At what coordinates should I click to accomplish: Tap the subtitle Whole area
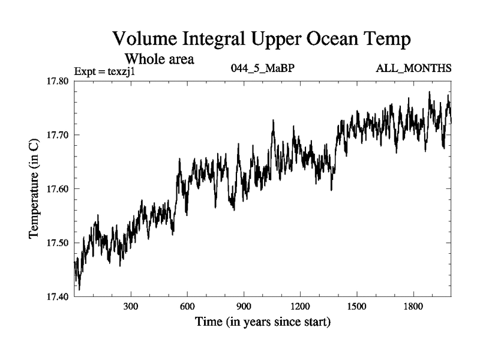coord(159,59)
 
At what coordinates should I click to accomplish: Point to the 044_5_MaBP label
coord(262,68)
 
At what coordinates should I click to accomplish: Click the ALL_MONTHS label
coord(413,68)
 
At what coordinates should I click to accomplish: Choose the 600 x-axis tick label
coord(187,307)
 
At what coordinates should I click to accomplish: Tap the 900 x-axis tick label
coord(244,307)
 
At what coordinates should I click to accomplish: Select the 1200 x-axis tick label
coord(300,307)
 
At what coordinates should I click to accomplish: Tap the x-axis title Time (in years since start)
coord(263,322)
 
